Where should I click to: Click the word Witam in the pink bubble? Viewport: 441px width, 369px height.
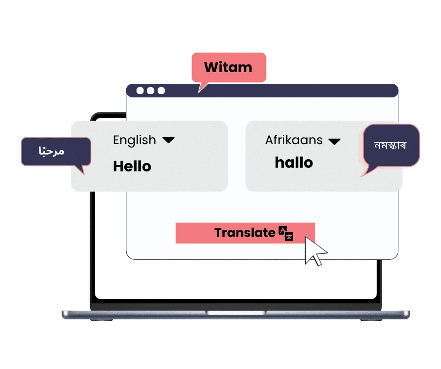pos(228,67)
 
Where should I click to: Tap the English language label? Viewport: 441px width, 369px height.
pos(134,140)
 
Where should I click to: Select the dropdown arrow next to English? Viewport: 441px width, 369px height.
pos(168,140)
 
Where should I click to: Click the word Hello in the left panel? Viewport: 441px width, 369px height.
pos(132,166)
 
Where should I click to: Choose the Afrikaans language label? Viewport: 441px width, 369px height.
pos(294,140)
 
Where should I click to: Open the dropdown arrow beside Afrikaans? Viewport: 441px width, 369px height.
pos(334,141)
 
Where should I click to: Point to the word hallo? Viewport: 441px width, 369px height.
pos(294,162)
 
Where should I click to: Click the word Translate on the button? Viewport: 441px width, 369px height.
pos(244,233)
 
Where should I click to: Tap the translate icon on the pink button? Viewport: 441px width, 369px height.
pos(286,233)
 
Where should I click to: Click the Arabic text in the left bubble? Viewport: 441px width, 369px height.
pos(51,151)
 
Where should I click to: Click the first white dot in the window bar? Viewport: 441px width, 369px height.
pos(140,90)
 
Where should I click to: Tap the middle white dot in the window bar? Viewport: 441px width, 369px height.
pos(151,90)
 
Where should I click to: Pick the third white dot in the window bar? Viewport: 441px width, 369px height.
pos(161,90)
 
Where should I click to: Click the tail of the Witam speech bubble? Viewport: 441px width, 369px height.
pos(202,87)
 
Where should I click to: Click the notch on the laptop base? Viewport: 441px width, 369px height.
pos(235,312)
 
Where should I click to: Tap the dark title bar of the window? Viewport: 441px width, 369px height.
pos(281,90)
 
